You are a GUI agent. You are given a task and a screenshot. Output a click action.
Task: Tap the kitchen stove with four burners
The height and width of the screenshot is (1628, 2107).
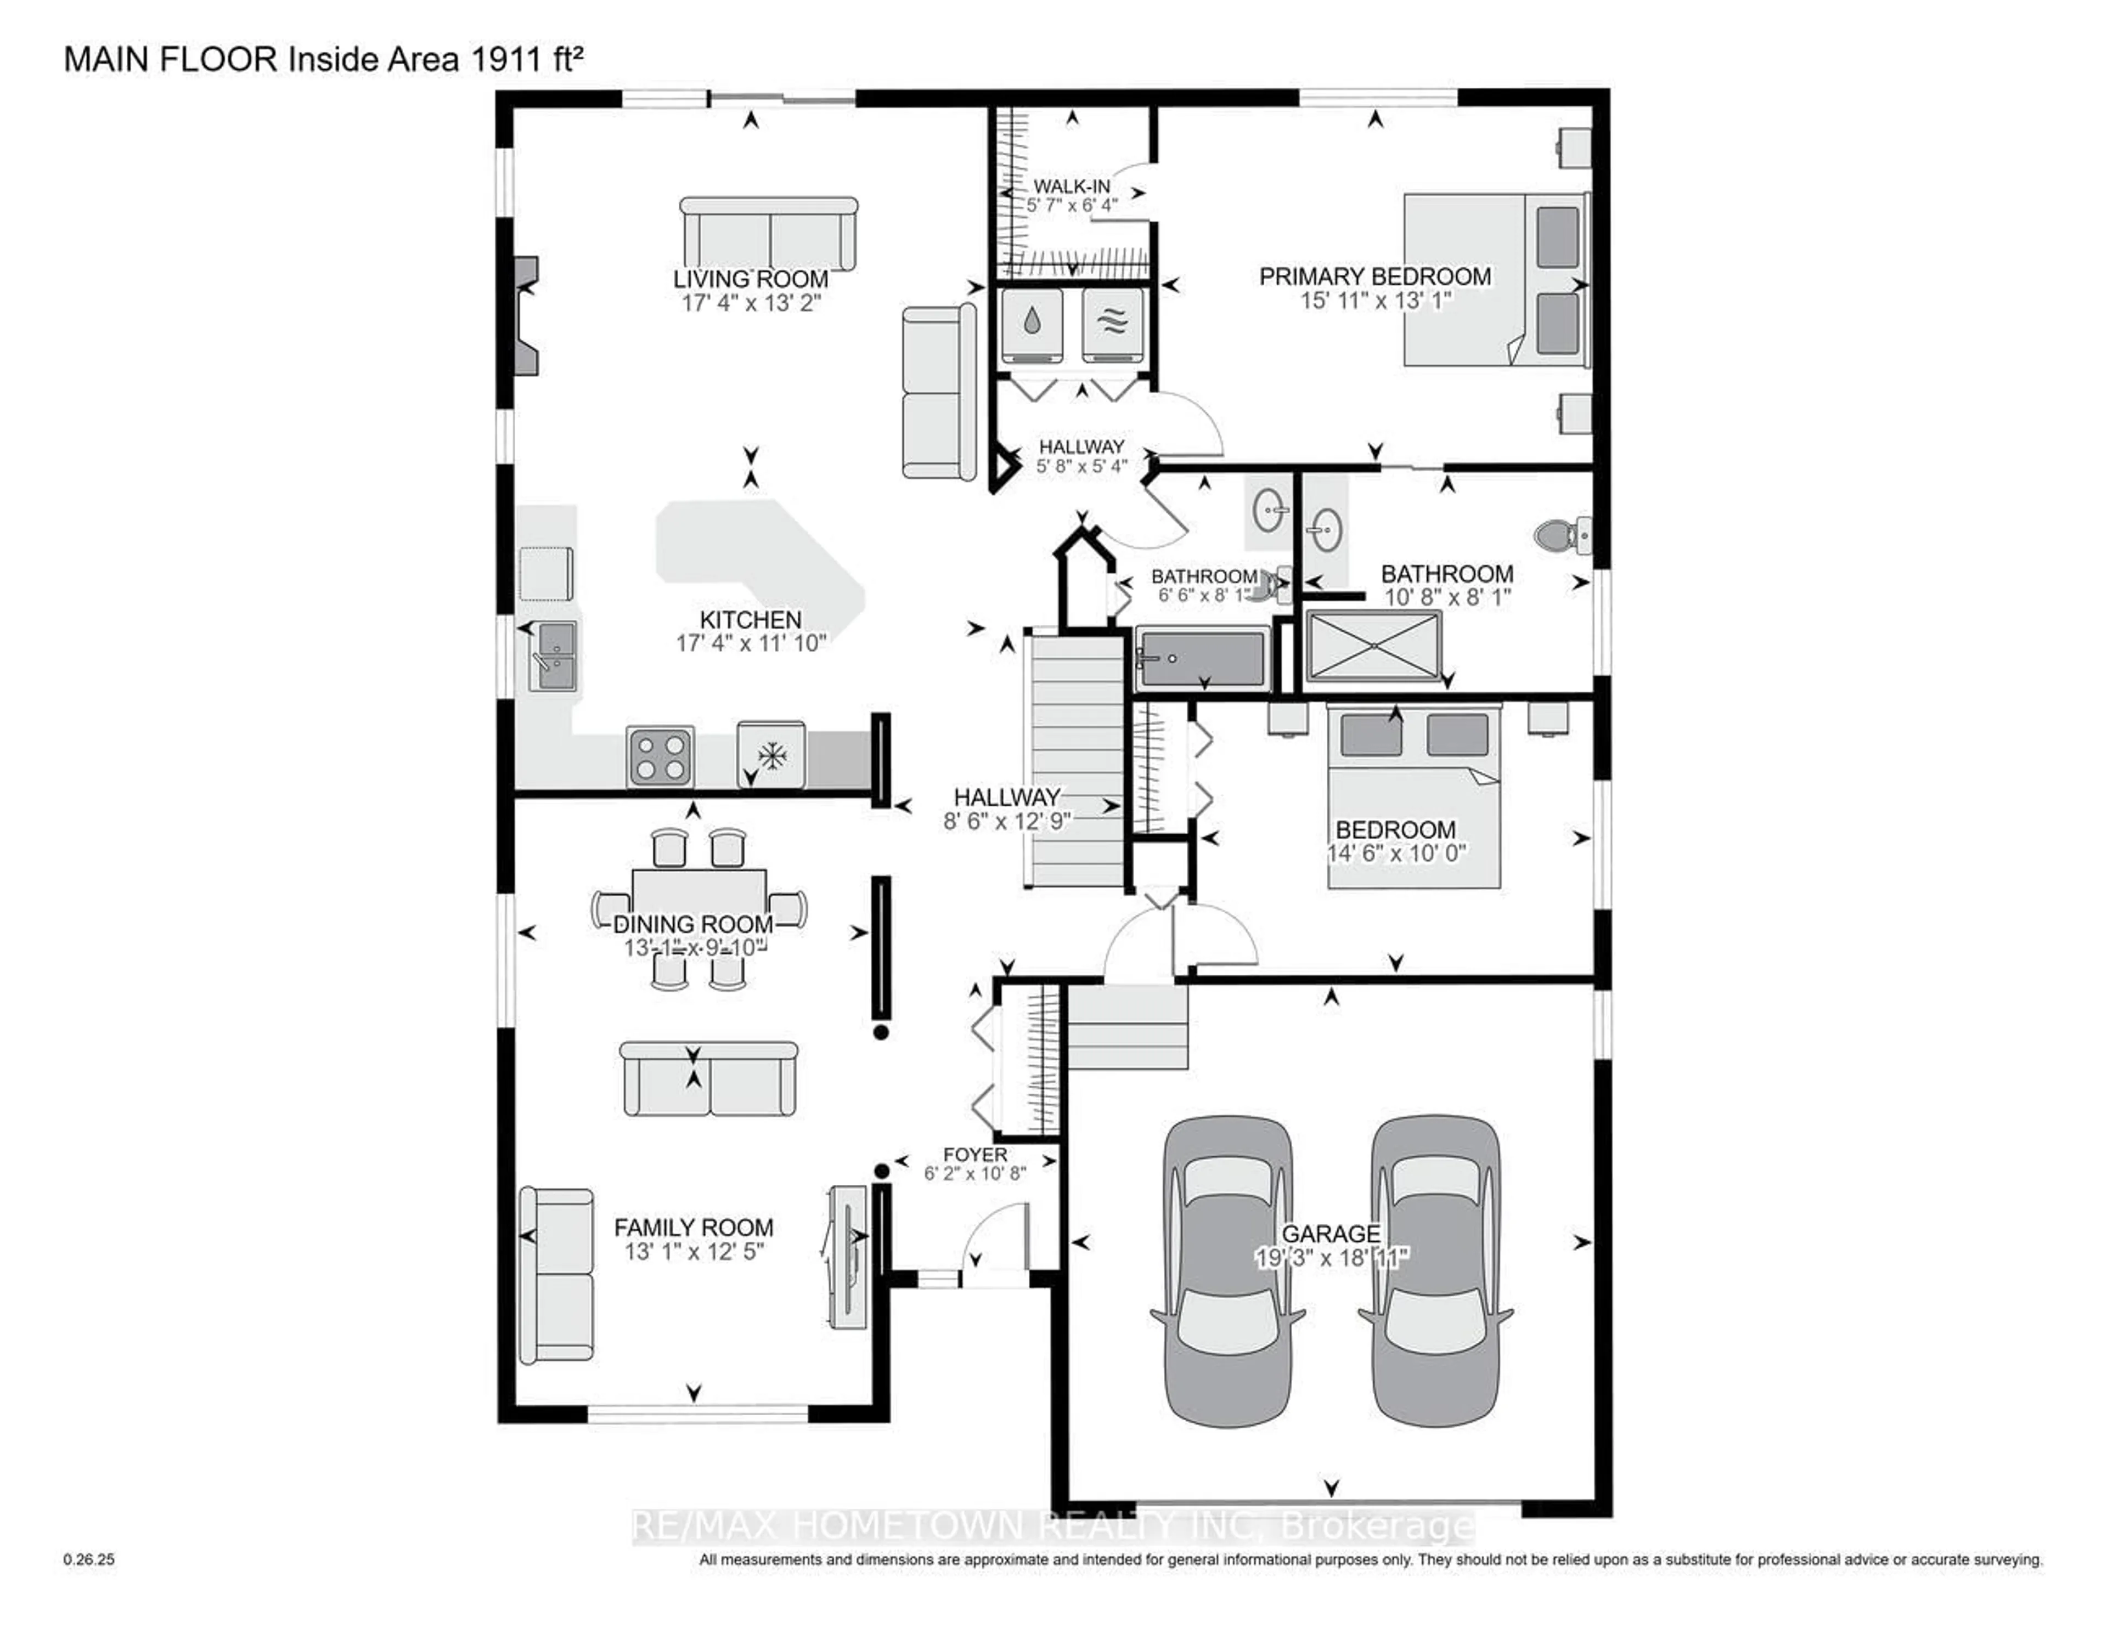660,757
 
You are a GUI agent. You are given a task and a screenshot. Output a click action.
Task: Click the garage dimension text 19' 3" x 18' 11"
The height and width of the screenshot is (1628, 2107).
1331,1258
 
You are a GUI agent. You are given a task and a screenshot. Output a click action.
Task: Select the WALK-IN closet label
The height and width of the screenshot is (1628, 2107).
1071,186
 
